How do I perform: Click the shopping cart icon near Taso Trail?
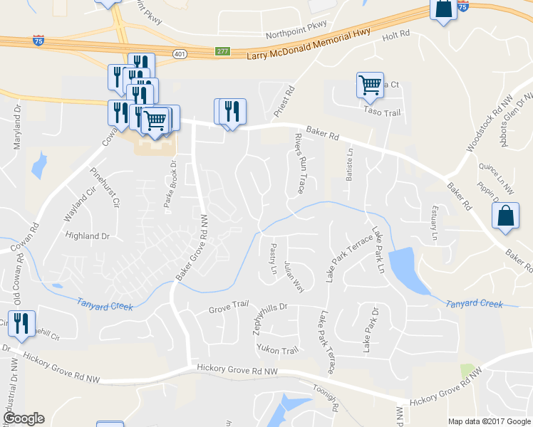(x=370, y=85)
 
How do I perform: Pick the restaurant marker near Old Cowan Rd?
(x=21, y=323)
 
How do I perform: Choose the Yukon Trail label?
(x=277, y=350)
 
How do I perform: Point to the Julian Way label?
(x=294, y=276)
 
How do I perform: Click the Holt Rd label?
(x=397, y=34)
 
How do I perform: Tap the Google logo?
(x=24, y=418)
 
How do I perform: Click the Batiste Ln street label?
(x=349, y=165)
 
